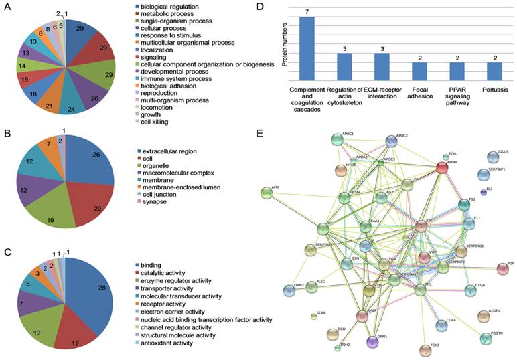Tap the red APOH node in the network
[442, 167]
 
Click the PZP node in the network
[503, 269]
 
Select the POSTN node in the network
[486, 338]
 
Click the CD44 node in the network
[442, 325]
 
